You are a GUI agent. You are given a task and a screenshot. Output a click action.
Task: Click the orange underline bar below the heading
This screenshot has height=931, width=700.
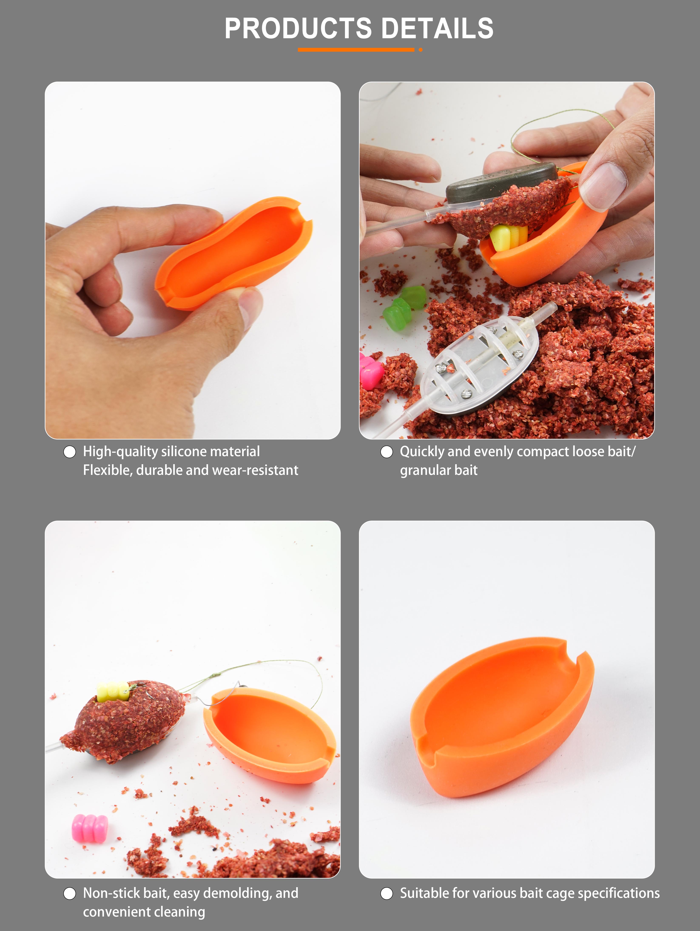click(x=356, y=50)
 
